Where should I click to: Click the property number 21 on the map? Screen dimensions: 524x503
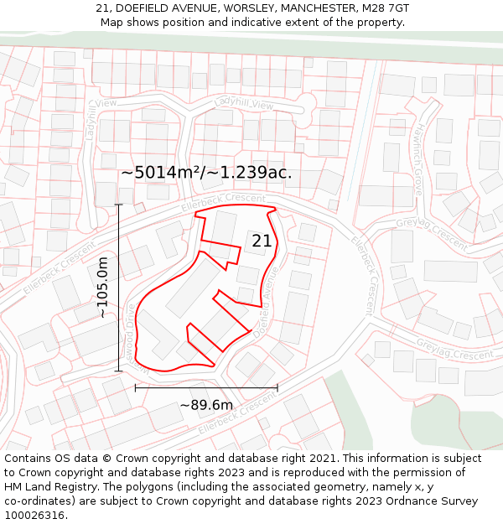[262, 241]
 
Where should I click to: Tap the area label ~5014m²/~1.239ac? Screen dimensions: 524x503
[206, 173]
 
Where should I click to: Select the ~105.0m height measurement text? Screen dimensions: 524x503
[103, 288]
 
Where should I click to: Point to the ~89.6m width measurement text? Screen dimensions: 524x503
[206, 406]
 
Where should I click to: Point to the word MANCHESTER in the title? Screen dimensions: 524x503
[321, 8]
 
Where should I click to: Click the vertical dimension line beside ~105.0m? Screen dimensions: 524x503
[118, 288]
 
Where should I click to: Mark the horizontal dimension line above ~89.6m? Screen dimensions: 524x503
[206, 388]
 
